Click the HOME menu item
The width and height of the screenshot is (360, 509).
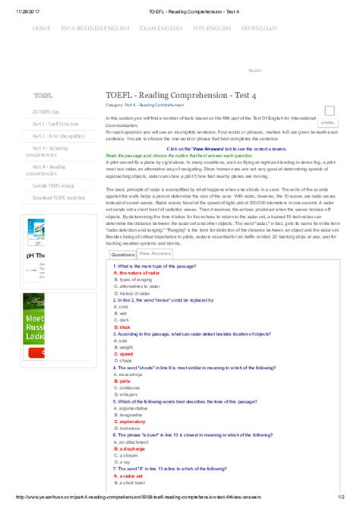click(42, 28)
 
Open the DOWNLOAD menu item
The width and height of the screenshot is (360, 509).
click(259, 28)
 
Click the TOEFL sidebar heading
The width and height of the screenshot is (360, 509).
click(43, 96)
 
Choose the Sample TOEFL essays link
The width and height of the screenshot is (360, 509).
click(53, 185)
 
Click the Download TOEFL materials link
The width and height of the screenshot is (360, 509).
click(58, 198)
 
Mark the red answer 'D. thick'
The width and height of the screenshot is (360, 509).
click(122, 327)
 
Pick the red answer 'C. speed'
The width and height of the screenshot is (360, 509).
click(123, 354)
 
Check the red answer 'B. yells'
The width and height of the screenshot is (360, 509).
click(122, 381)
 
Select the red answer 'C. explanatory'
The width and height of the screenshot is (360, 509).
click(130, 420)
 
